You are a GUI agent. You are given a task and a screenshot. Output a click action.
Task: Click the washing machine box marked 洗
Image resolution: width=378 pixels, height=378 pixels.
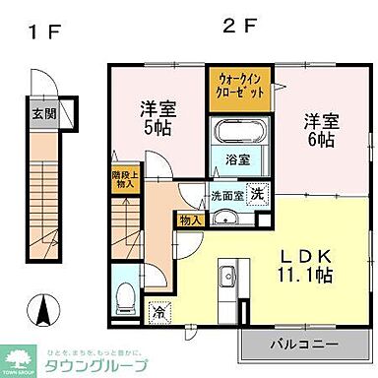coord(254,194)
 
